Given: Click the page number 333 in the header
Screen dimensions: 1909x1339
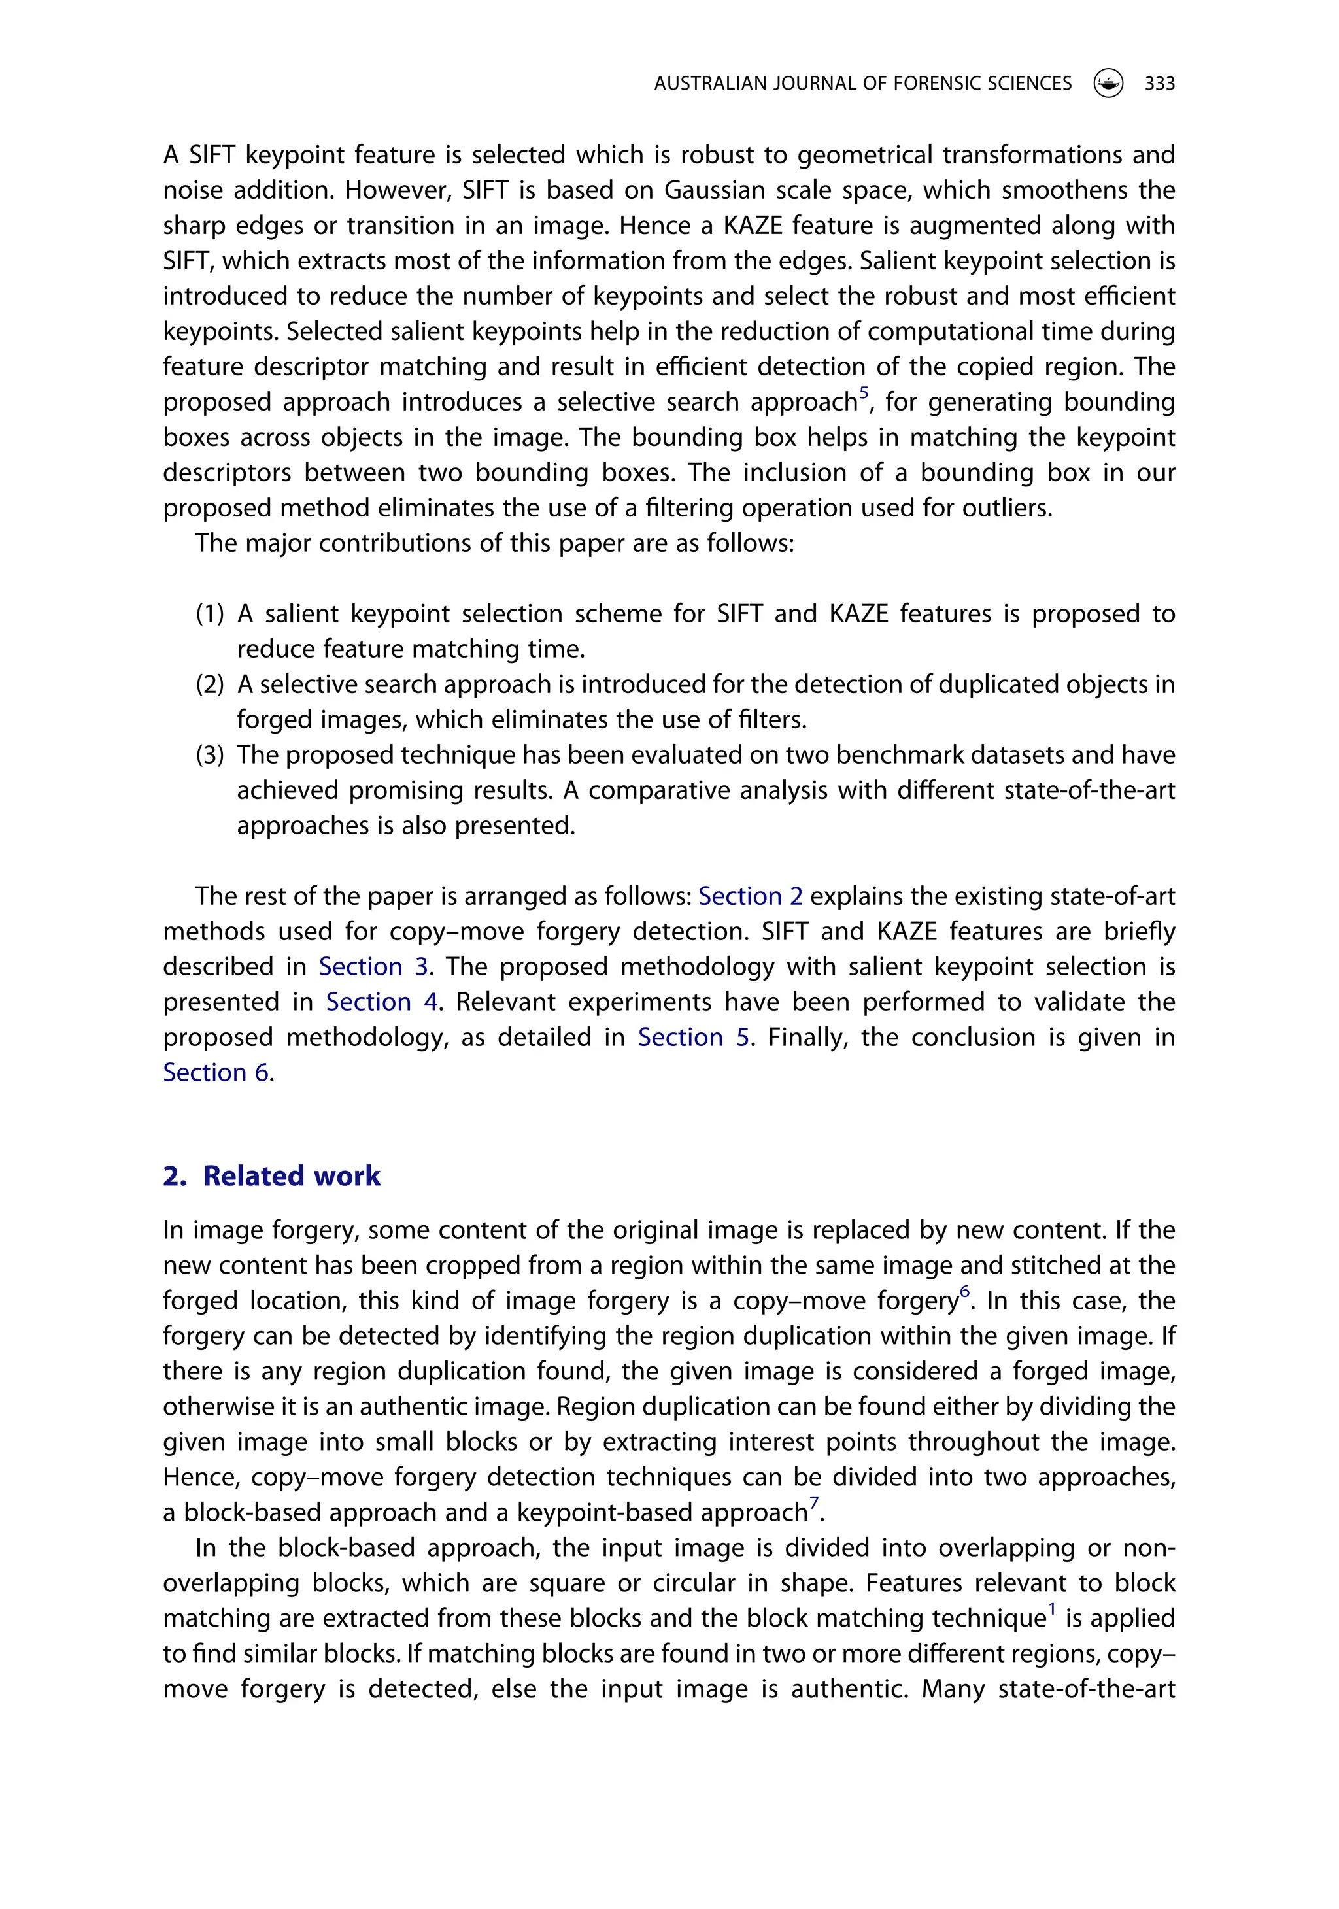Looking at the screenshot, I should pos(1159,83).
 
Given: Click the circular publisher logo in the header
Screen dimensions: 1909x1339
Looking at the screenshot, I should pos(1108,83).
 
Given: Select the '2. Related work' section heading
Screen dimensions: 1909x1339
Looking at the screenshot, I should pos(271,1175).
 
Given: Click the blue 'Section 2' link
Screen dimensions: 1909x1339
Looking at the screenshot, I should pos(750,896).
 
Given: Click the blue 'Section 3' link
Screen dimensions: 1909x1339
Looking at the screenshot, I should pos(373,967).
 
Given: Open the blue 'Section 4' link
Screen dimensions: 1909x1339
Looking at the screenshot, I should pos(382,1002).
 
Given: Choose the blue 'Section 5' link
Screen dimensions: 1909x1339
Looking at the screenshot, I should pos(694,1038).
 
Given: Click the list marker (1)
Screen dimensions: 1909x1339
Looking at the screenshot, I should pos(211,615).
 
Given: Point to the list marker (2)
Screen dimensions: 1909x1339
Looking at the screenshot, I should pos(211,685).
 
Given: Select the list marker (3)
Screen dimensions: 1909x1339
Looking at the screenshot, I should pos(211,756).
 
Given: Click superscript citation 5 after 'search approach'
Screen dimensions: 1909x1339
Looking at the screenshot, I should pos(864,392).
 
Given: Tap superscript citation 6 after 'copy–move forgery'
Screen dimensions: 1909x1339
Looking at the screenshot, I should pos(965,1291).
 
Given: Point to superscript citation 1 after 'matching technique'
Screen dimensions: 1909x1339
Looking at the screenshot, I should pos(1052,1609).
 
